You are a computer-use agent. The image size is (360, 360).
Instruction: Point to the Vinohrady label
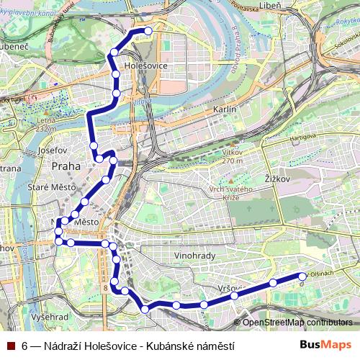[195, 256]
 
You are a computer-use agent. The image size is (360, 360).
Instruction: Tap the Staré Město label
[47, 188]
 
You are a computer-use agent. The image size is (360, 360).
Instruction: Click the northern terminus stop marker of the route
[149, 31]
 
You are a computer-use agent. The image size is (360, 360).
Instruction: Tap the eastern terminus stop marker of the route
[302, 276]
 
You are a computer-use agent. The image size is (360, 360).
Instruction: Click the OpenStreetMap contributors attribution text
[297, 323]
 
